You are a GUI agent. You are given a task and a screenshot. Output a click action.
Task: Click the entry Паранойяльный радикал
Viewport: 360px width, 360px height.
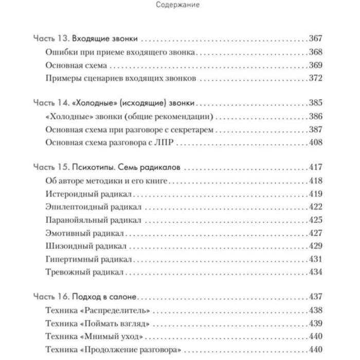[93, 220]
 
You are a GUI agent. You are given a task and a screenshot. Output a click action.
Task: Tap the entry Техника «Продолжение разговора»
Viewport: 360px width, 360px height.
[113, 350]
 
